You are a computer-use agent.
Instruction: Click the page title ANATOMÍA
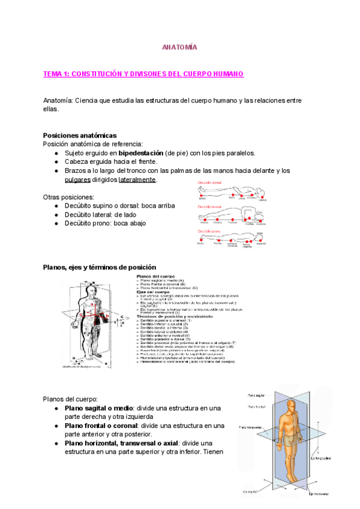[180, 47]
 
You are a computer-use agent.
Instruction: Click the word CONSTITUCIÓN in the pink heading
[101, 74]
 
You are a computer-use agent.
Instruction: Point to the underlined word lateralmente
[137, 179]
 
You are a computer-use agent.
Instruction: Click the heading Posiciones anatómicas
[80, 135]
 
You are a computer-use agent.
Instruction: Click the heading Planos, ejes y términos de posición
[100, 267]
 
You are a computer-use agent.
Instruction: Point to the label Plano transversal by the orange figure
[251, 428]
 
